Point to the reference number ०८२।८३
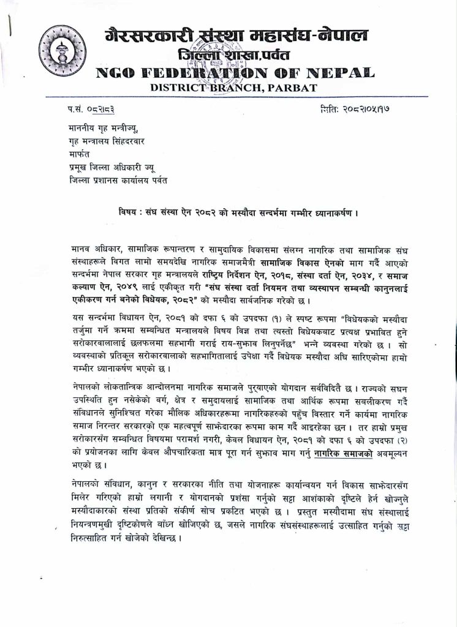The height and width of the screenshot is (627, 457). [101, 109]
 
